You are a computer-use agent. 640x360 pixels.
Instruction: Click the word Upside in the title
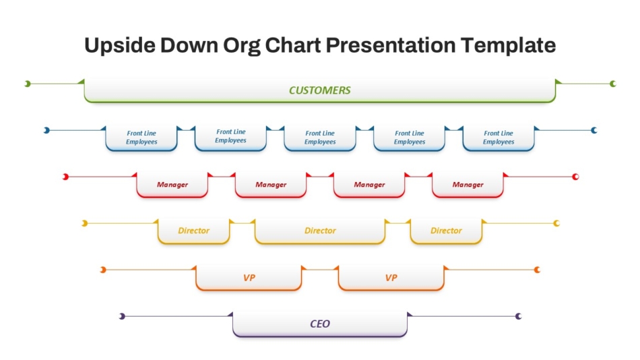(120, 45)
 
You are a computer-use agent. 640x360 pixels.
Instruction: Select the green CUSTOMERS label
(319, 90)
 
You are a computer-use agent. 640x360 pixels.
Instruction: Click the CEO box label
(319, 324)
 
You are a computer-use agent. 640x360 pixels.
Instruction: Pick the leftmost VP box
(249, 278)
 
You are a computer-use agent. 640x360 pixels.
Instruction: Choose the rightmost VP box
(391, 278)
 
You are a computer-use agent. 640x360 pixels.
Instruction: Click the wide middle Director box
(320, 231)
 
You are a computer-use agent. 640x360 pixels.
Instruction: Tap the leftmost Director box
(193, 231)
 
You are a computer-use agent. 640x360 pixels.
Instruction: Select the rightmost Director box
(446, 231)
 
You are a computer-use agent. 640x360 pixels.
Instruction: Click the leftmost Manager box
(172, 185)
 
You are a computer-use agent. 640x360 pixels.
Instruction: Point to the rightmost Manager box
(468, 185)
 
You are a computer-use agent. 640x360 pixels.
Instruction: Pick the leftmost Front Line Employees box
(141, 138)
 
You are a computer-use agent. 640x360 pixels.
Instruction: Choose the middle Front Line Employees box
(320, 138)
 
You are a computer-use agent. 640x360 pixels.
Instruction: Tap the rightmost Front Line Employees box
(499, 138)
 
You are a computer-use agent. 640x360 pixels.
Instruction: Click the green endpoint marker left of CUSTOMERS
(28, 84)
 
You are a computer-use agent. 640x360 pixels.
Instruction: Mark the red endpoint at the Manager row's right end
(575, 177)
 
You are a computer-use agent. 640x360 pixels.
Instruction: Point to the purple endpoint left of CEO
(122, 316)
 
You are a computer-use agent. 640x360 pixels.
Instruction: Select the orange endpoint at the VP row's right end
(537, 270)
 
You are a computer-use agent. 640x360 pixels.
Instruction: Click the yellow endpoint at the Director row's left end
(84, 224)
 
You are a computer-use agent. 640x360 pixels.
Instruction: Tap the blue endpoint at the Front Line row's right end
(594, 130)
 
